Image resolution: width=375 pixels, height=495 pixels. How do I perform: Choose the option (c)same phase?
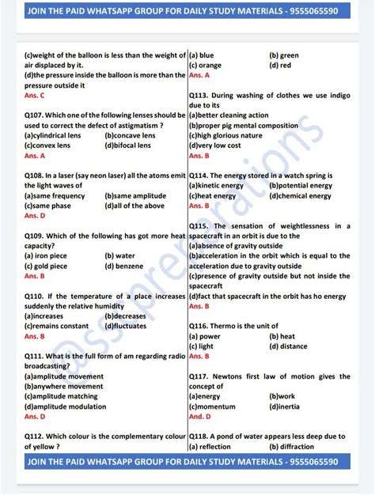[x=47, y=206]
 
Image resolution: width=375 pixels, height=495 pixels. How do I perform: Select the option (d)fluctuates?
[x=126, y=326]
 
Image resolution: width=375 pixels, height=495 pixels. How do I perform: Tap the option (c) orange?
[x=205, y=65]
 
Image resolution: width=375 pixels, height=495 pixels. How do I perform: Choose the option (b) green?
[x=284, y=55]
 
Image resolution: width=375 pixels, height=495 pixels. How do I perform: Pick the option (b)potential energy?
[x=301, y=185]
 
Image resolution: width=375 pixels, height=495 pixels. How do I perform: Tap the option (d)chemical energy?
[x=301, y=195]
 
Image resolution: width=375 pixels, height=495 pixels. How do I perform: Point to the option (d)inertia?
[x=285, y=406]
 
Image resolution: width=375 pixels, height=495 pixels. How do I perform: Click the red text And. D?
[x=200, y=416]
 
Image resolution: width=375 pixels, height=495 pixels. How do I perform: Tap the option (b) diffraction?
[x=293, y=446]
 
